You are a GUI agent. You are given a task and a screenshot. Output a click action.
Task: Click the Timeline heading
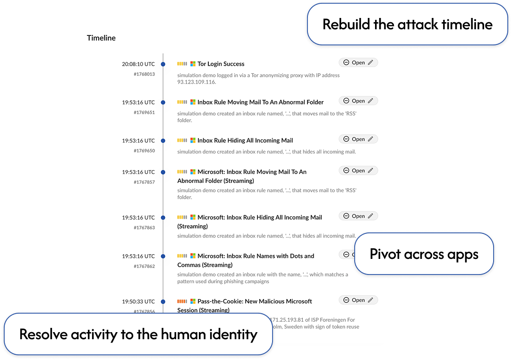tap(101, 38)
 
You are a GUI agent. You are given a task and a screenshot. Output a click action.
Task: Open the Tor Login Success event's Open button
tap(358, 62)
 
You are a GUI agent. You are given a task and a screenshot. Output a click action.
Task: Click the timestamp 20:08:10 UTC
tap(138, 64)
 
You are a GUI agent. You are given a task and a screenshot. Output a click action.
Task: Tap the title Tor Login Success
tap(221, 64)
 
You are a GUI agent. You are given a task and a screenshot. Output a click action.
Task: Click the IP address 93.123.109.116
tap(196, 82)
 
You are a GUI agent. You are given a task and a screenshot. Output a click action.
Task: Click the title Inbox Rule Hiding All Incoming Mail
tap(245, 140)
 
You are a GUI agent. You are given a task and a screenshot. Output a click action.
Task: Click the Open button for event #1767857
tap(358, 171)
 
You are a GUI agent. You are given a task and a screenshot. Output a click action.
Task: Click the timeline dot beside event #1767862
tap(163, 256)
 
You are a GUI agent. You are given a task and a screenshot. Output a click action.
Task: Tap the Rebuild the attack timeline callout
tap(407, 25)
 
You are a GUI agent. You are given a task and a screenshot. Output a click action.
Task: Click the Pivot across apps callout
tap(424, 254)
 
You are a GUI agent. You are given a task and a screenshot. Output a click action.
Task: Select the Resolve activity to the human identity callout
tap(138, 334)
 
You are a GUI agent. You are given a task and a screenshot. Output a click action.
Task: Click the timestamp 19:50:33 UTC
tap(138, 301)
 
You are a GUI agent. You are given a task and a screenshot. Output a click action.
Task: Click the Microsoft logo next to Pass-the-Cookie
tap(193, 301)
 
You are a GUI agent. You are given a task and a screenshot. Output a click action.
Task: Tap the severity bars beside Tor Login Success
tap(182, 64)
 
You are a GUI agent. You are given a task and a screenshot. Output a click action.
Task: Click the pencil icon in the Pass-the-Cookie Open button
tap(371, 300)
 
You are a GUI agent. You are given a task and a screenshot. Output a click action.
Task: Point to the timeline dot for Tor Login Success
tap(163, 64)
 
